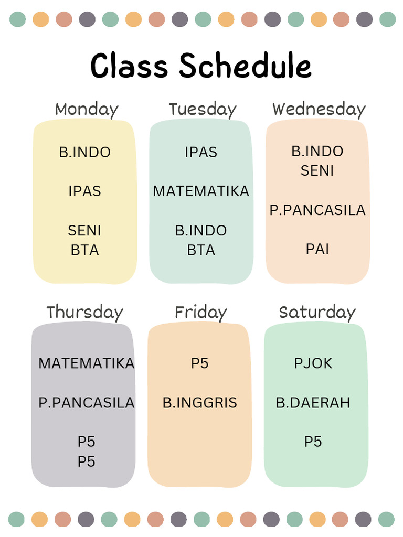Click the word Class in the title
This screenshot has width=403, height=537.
[x=129, y=67]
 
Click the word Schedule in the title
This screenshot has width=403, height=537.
[x=245, y=67]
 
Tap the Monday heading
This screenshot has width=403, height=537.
[x=87, y=110]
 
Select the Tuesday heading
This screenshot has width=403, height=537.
[x=203, y=110]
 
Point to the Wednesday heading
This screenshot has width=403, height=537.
[x=319, y=110]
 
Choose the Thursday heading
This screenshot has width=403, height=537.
[x=84, y=312]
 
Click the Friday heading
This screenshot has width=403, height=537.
[x=200, y=313]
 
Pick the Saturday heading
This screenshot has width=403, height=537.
[x=317, y=312]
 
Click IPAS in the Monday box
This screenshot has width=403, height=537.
[x=84, y=191]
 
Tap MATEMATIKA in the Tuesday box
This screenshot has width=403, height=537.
[x=201, y=191]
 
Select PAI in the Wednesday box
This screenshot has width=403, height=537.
[x=317, y=249]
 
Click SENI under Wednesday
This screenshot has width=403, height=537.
[x=317, y=171]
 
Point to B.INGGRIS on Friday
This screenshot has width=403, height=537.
[x=200, y=403]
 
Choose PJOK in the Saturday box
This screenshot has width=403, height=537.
[x=313, y=363]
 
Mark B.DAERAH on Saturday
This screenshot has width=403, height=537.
[x=313, y=403]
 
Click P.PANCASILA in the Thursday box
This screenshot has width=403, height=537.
[x=87, y=403]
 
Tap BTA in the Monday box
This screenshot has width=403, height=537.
[x=84, y=250]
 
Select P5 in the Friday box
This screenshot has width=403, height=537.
[x=200, y=363]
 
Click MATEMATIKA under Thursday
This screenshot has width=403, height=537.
[x=87, y=363]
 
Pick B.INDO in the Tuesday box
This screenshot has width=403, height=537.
[x=201, y=231]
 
